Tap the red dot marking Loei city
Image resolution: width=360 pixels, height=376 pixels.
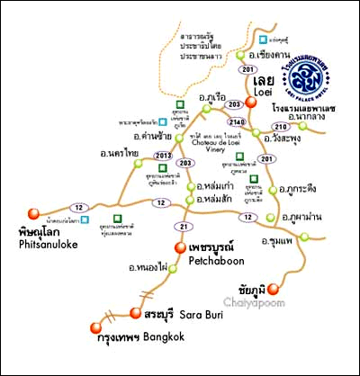[x=253, y=102]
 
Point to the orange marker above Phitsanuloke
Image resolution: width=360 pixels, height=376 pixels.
[x=34, y=213]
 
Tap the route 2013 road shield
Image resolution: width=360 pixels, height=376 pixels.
[x=163, y=157]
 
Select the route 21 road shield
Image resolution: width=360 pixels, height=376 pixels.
[x=184, y=225]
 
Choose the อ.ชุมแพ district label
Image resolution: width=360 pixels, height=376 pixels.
[x=275, y=241]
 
